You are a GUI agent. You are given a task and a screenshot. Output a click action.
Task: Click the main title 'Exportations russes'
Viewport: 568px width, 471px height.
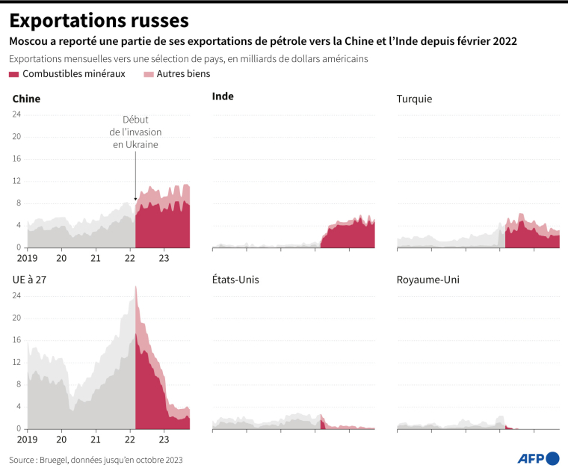click(x=99, y=20)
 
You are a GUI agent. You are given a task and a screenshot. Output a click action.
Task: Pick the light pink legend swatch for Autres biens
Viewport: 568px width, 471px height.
click(x=148, y=74)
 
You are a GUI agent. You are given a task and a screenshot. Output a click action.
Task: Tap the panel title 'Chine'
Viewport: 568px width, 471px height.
click(x=26, y=99)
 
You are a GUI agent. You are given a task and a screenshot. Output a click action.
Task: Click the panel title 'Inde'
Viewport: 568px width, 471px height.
click(x=223, y=96)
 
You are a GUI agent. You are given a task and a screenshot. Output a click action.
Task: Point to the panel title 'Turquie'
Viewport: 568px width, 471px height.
click(x=414, y=99)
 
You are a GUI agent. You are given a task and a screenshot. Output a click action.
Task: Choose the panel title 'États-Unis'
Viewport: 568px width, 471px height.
click(x=236, y=280)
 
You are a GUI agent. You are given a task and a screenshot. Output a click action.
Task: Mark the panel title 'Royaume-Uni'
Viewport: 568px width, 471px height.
click(x=427, y=280)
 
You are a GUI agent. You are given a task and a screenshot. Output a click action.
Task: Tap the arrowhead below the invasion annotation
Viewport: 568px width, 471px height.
click(x=135, y=199)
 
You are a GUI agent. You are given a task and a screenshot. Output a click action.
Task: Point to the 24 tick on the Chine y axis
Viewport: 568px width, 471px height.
click(x=16, y=114)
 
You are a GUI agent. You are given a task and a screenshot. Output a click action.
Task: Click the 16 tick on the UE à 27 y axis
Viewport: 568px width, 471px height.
click(x=16, y=340)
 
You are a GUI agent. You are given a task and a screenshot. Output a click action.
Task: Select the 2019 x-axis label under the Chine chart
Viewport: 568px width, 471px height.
click(x=27, y=258)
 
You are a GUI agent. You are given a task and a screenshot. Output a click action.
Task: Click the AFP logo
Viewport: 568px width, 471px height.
click(x=538, y=458)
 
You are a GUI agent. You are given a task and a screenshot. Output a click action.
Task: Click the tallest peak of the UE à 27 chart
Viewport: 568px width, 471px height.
click(x=135, y=286)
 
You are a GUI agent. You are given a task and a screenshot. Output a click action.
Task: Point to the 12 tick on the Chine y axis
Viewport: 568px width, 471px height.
click(x=16, y=181)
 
